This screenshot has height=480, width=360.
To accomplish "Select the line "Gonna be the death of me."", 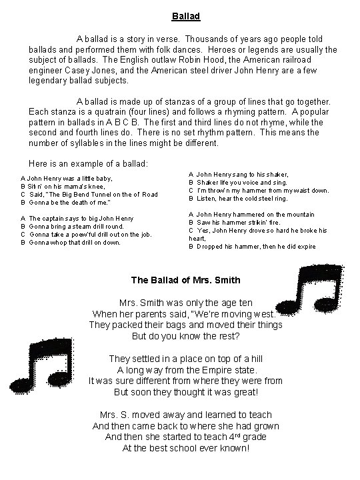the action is [70, 202].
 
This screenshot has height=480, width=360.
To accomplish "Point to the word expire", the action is [303, 247].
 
